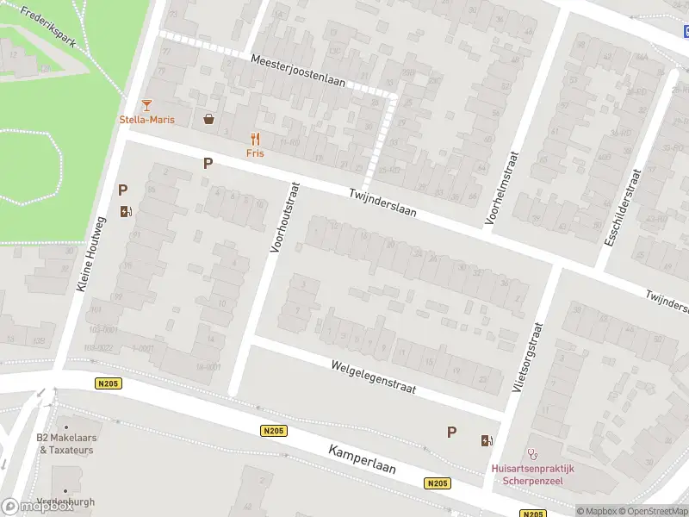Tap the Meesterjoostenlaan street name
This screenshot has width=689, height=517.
[x=298, y=72]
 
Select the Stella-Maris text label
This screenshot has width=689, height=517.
[x=146, y=120]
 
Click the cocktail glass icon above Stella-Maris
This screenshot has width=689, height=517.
[x=146, y=105]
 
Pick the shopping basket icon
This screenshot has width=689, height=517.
[x=208, y=119]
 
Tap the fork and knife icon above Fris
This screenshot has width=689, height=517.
[x=255, y=139]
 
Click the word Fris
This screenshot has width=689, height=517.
[x=255, y=153]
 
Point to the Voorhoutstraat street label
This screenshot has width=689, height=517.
[x=285, y=217]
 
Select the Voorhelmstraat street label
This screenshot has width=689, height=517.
[x=502, y=188]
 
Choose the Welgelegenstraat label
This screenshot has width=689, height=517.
[x=373, y=377]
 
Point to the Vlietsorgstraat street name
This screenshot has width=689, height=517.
[x=527, y=358]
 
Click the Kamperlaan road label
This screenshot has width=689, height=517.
[x=362, y=460]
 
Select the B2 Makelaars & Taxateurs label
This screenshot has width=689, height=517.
[x=66, y=443]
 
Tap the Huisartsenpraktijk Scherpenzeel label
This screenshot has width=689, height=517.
[x=531, y=475]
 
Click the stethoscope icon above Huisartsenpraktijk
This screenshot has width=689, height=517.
[x=531, y=453]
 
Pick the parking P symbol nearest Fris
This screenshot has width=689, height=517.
[x=208, y=163]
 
